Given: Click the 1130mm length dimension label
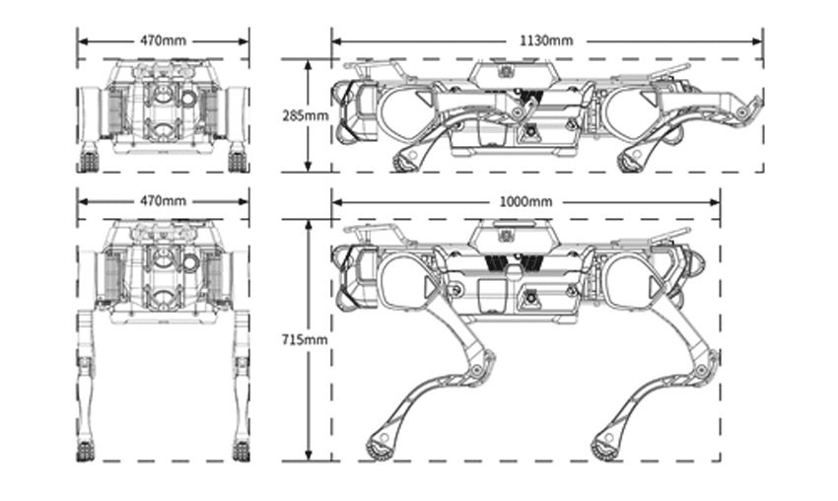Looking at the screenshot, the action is coord(545,40).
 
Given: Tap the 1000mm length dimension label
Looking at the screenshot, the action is coord(525,201).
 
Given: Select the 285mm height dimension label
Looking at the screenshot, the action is coord(306,115).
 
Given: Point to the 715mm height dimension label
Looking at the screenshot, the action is coord(305,339).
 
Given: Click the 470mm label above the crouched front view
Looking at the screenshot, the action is coord(163,40).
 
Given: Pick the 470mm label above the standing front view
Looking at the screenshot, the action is coord(163,201).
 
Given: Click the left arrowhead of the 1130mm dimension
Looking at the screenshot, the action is coord(337,41).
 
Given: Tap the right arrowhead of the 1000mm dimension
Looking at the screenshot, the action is coord(715,202).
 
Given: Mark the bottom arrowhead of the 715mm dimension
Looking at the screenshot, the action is coord(308,455).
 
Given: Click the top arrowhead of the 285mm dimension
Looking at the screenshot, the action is coord(308,65).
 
